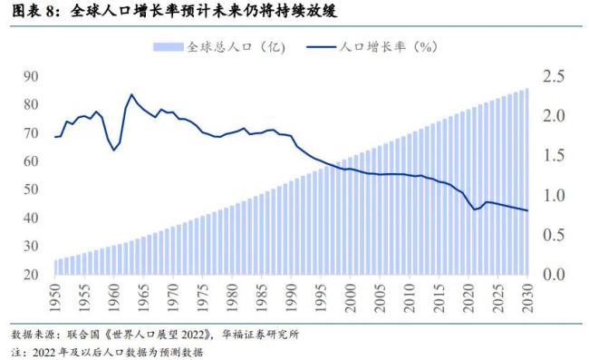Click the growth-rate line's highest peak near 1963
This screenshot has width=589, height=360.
click(131, 94)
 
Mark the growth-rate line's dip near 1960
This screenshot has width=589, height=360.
click(114, 150)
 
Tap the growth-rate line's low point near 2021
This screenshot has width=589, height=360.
click(474, 209)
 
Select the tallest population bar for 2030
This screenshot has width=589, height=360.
click(526, 181)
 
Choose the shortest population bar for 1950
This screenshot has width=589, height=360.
click(56, 267)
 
